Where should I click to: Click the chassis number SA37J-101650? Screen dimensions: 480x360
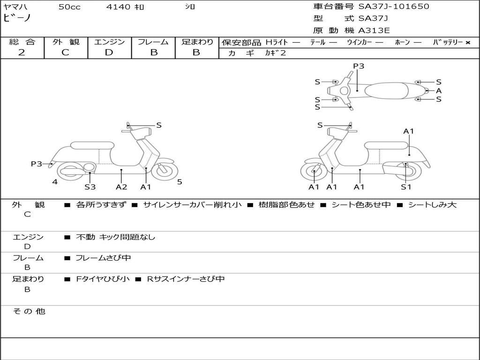(394, 7)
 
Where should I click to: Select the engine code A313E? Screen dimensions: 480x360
(374, 31)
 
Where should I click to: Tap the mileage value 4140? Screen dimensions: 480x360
(118, 7)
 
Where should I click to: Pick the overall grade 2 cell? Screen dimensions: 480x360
(22, 52)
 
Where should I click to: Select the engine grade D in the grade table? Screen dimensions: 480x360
(109, 52)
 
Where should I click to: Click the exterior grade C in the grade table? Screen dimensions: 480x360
(66, 52)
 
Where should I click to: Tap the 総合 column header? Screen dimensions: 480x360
(22, 42)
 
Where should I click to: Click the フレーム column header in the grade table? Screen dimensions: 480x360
(153, 42)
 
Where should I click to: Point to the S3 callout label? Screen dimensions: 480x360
(90, 187)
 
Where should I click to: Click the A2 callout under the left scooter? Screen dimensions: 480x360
(121, 187)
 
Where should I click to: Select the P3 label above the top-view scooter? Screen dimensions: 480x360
(359, 66)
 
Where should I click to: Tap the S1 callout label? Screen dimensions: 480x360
(406, 187)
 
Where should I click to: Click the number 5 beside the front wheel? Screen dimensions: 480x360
(180, 182)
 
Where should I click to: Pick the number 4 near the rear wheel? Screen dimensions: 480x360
(55, 182)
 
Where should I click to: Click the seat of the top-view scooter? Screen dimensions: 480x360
(387, 90)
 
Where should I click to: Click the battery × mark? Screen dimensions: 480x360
(467, 43)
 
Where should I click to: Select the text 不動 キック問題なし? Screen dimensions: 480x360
(115, 237)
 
